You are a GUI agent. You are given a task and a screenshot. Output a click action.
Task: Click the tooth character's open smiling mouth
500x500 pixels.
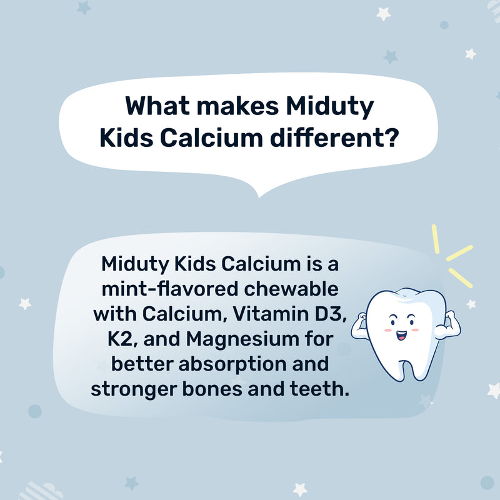point(401,335)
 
